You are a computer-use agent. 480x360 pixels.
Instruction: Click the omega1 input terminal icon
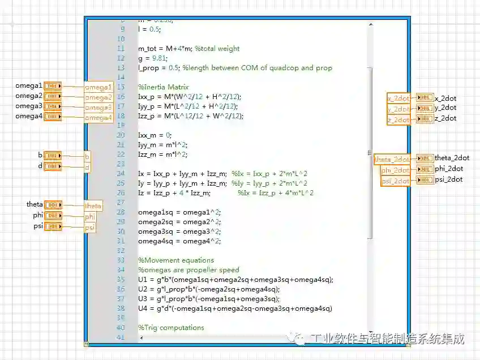point(53,86)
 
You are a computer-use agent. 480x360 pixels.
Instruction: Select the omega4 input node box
point(98,118)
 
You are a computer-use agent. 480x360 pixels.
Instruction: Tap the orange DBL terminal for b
point(53,156)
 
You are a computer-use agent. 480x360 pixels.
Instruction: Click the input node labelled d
point(87,167)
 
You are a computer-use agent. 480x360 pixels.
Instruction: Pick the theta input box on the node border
point(93,206)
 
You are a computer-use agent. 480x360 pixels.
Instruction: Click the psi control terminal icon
point(53,226)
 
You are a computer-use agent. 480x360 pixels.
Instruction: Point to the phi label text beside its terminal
point(38,216)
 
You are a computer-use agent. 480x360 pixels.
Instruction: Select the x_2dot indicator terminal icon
point(425,97)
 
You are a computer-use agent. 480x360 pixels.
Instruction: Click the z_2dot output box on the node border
point(398,119)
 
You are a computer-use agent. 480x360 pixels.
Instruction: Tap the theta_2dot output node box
point(392,160)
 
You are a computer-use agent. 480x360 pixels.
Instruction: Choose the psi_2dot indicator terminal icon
point(425,180)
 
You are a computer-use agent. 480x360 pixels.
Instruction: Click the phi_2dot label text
point(449,169)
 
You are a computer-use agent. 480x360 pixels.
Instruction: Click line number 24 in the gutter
point(121,174)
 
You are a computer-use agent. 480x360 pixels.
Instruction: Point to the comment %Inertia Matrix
point(163,87)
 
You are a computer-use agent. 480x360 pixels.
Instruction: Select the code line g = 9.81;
point(153,58)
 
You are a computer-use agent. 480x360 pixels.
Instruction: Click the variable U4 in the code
point(143,308)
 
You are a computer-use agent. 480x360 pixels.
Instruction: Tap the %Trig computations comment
point(171,328)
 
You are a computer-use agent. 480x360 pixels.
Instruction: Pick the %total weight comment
point(217,49)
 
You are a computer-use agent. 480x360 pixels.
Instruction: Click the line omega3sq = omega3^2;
point(179,232)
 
